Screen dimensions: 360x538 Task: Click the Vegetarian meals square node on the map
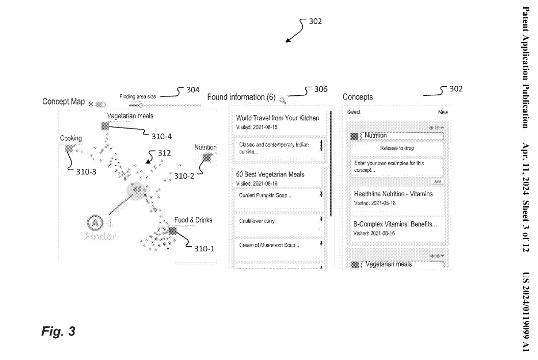click(x=105, y=125)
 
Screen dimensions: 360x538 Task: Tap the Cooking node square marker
click(x=68, y=147)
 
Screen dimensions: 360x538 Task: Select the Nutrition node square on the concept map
click(x=207, y=158)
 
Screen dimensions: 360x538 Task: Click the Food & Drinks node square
click(x=173, y=230)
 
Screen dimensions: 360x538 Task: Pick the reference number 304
click(x=193, y=90)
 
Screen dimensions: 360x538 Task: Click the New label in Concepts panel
click(x=443, y=111)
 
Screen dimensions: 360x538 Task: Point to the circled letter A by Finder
click(x=95, y=222)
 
